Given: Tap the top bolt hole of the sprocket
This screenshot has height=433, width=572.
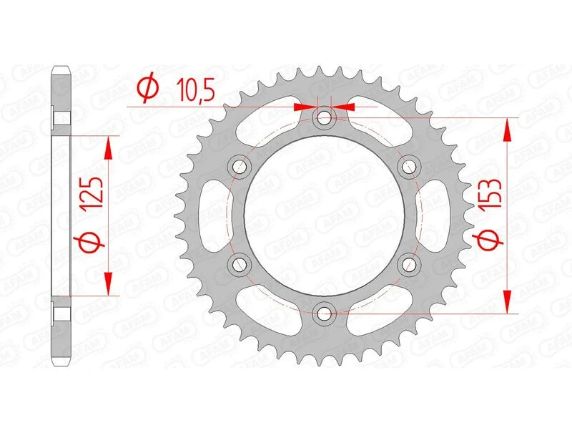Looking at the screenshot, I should (325, 117).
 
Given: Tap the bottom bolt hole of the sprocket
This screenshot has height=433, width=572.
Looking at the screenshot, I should (325, 312).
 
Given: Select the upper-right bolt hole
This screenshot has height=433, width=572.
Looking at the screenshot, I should (410, 167).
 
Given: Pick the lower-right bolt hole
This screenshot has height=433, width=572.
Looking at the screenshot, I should (410, 264).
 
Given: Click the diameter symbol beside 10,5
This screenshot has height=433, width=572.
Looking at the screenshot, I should (148, 89).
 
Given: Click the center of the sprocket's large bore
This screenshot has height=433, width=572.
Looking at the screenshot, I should (325, 215).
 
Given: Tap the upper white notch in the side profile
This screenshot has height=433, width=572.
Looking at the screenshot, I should (63, 118).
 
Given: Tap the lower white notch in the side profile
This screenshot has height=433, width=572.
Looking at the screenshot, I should (63, 313).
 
